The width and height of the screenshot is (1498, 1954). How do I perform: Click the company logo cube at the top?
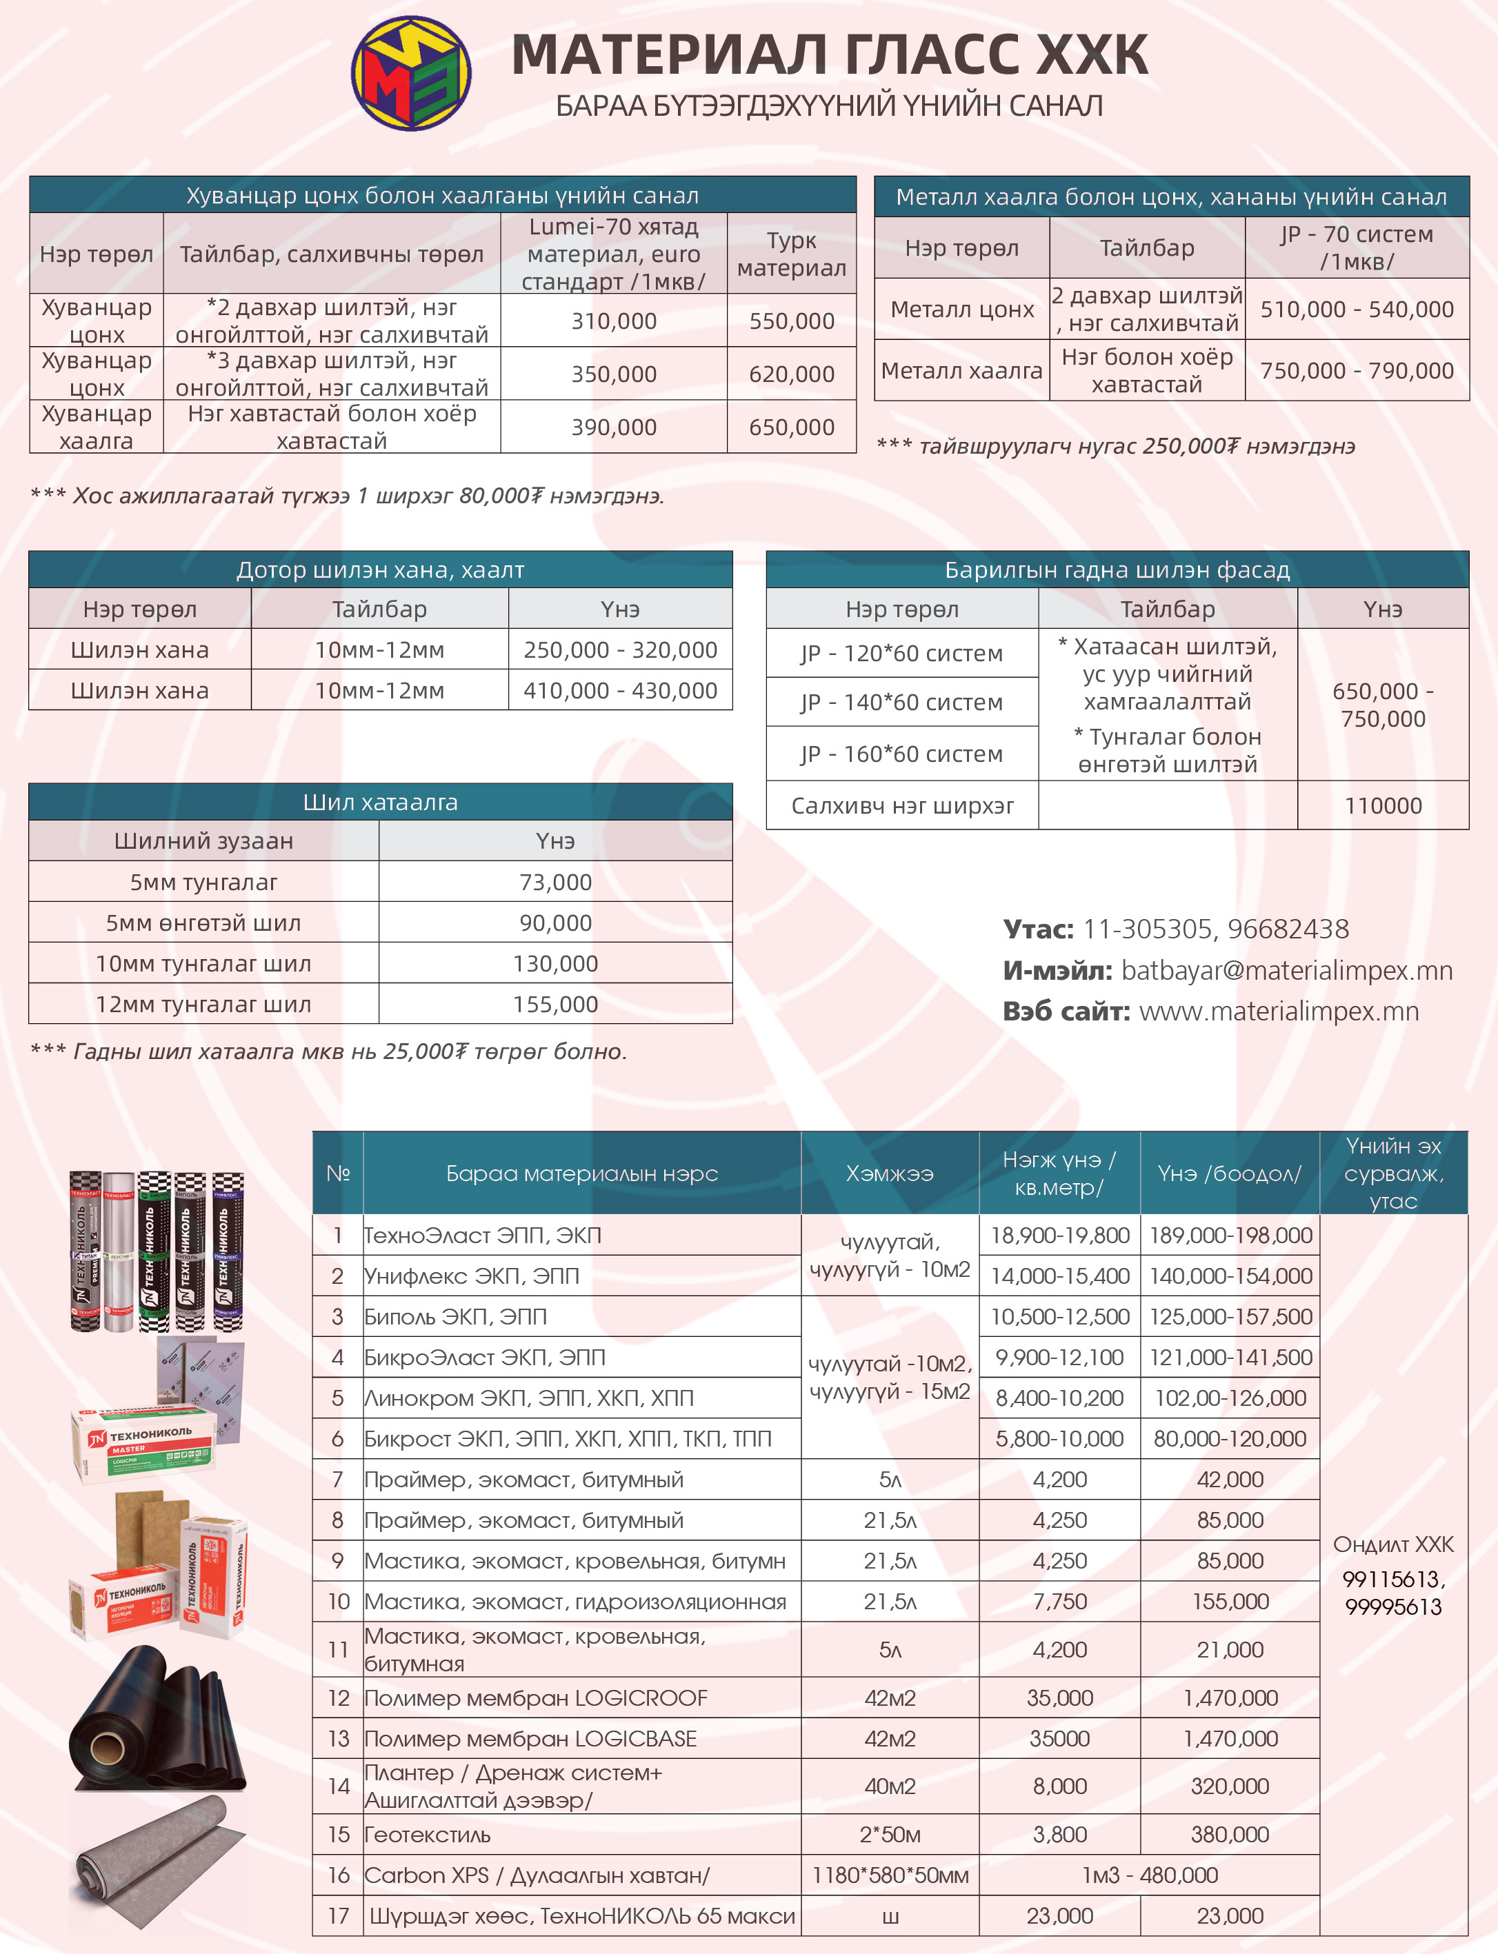click(x=411, y=73)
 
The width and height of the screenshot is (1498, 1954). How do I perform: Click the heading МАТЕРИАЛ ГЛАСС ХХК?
click(x=829, y=54)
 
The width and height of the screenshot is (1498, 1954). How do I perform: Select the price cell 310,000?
click(x=613, y=321)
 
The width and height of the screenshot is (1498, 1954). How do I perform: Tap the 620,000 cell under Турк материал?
click(x=792, y=374)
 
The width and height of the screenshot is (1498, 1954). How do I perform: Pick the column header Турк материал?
click(x=792, y=254)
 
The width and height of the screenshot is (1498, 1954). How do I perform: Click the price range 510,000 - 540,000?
click(x=1356, y=310)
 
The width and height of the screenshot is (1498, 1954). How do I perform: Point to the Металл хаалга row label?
click(x=961, y=371)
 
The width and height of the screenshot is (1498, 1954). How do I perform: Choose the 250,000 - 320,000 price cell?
click(x=620, y=650)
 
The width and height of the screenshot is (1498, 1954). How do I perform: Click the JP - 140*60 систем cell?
click(x=901, y=703)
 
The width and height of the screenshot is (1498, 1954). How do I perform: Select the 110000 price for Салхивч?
click(x=1383, y=806)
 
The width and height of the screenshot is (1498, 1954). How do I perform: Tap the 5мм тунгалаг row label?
click(x=203, y=883)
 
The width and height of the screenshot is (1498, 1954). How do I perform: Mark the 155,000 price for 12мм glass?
click(x=555, y=1005)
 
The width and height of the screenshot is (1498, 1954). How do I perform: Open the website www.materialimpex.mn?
click(x=1279, y=1011)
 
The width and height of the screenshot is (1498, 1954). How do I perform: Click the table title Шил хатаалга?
click(x=380, y=803)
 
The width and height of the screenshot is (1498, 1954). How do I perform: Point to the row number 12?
click(x=338, y=1698)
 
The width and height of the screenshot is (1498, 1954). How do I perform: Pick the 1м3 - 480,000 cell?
click(x=1149, y=1875)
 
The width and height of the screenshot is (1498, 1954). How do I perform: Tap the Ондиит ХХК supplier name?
click(x=1392, y=1545)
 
